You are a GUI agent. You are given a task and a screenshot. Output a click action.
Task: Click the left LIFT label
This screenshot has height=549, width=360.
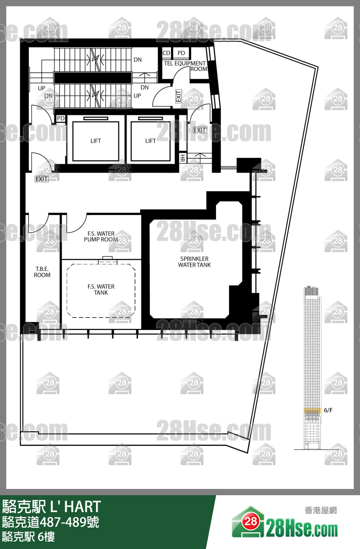pyautogui.click(x=96, y=141)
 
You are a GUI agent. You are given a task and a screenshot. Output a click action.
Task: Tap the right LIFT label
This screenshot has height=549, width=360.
pyautogui.click(x=151, y=141)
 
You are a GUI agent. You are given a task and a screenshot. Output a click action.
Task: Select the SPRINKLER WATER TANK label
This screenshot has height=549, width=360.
pyautogui.click(x=194, y=262)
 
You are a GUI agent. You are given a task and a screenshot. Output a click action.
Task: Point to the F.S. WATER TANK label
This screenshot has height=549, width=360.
pyautogui.click(x=101, y=290)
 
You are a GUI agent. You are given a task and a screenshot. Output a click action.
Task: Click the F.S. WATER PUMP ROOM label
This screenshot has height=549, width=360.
pyautogui.click(x=101, y=236)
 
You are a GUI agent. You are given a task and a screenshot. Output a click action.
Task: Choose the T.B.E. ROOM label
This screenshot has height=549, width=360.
pyautogui.click(x=42, y=272)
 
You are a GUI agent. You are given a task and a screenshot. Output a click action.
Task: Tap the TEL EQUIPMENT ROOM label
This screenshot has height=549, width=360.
pyautogui.click(x=185, y=66)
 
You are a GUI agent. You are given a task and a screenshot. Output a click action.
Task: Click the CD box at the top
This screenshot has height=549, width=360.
pyautogui.click(x=167, y=53)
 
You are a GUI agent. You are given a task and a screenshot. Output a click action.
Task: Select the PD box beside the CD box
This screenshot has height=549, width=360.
pyautogui.click(x=181, y=53)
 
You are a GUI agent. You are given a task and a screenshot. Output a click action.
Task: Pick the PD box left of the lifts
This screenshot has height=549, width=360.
pyautogui.click(x=61, y=119)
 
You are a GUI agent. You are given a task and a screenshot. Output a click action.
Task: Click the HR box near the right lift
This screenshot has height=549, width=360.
pyautogui.click(x=183, y=158)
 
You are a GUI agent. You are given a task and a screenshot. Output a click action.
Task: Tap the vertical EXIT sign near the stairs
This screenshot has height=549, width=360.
pyautogui.click(x=178, y=96)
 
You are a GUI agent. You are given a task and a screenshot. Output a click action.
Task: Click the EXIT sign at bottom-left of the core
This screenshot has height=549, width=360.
pyautogui.click(x=42, y=179)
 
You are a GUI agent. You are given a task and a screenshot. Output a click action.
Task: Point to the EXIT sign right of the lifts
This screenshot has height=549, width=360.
pyautogui.click(x=200, y=130)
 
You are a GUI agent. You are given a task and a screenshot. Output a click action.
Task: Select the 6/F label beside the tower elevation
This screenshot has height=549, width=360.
pyautogui.click(x=328, y=410)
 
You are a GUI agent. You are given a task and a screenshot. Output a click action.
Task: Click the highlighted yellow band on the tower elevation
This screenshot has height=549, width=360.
pyautogui.click(x=313, y=410)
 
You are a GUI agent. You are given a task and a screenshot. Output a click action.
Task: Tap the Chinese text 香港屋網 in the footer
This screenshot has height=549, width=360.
pyautogui.click(x=321, y=511)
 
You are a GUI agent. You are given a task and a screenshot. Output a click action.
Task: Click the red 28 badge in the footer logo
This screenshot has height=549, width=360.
pyautogui.click(x=250, y=521)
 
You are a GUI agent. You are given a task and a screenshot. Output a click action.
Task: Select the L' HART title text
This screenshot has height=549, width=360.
pyautogui.click(x=75, y=506)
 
